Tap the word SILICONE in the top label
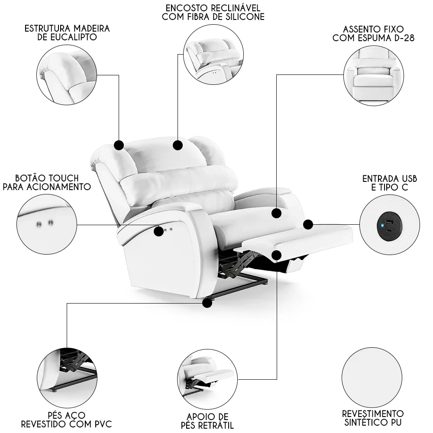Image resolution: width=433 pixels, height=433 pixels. tap(241, 17)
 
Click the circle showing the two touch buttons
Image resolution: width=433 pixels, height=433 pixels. tap(46, 224)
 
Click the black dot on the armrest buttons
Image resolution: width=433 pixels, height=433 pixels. tap(159, 231)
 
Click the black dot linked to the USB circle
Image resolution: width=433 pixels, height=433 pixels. tap(308, 224)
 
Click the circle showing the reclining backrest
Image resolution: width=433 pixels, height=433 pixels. tap(213, 55)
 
